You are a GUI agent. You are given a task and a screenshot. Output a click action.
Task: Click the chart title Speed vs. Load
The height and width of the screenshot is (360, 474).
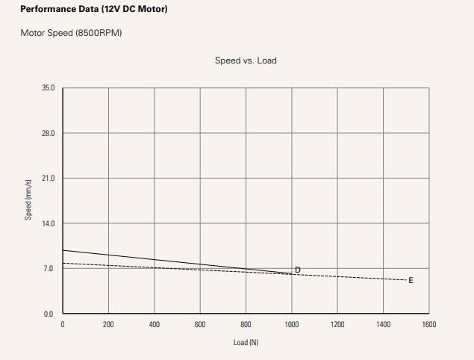(x=245, y=60)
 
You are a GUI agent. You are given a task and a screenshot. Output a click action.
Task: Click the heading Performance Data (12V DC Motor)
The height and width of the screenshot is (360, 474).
(x=93, y=10)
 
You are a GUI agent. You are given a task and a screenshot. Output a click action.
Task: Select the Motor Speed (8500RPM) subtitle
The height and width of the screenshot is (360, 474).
(x=71, y=34)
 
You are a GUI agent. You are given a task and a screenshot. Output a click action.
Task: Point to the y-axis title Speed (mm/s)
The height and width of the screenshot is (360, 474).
(x=28, y=199)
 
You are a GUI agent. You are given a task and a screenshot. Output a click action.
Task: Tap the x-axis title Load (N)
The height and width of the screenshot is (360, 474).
(x=245, y=342)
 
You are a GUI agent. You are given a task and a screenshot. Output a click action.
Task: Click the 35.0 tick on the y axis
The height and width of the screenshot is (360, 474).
(x=49, y=88)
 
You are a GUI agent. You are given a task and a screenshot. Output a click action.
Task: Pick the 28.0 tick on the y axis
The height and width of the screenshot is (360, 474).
(x=49, y=133)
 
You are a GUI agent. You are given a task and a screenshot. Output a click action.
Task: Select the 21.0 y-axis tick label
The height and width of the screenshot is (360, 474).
(x=49, y=179)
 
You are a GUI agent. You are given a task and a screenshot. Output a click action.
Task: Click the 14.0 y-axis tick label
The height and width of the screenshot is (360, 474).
(x=49, y=223)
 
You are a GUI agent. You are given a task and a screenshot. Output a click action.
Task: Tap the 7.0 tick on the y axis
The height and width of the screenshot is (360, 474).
(x=50, y=269)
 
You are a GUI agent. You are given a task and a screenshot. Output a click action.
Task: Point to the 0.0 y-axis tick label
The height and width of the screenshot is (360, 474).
(x=50, y=314)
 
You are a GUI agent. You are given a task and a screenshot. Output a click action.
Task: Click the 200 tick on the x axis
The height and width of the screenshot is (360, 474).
(x=108, y=324)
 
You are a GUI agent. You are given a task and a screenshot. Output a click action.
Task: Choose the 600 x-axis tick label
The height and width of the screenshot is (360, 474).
(x=200, y=324)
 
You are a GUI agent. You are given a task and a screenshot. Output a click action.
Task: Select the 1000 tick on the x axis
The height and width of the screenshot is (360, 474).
(x=292, y=324)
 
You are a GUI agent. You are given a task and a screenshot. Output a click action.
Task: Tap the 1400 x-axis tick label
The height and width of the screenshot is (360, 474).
(x=384, y=324)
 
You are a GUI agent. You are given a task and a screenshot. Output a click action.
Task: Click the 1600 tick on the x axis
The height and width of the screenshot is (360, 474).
(x=429, y=324)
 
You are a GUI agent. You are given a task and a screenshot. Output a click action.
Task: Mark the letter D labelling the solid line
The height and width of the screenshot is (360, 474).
(x=297, y=270)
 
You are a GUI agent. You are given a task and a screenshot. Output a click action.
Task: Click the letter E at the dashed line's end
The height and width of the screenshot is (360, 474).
(x=411, y=280)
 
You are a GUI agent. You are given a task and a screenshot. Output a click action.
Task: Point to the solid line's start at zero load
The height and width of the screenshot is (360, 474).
(x=63, y=250)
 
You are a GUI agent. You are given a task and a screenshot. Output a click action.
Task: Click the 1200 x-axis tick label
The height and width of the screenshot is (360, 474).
(x=337, y=324)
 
